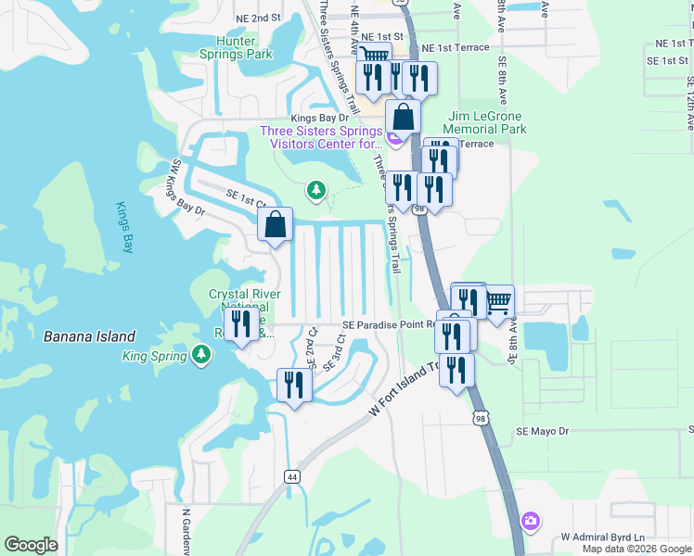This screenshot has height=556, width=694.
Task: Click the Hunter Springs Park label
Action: point(236,47)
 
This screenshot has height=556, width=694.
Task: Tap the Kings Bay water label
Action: point(127,226)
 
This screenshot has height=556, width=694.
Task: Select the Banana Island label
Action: point(89,336)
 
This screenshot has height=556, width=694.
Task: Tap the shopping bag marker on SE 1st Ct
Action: point(276,224)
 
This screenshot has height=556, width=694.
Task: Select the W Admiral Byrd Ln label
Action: point(602,537)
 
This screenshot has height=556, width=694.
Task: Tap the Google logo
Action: point(31,545)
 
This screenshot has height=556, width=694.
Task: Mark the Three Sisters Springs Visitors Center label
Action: point(321,137)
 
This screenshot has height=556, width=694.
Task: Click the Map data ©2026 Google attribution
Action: point(636,549)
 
